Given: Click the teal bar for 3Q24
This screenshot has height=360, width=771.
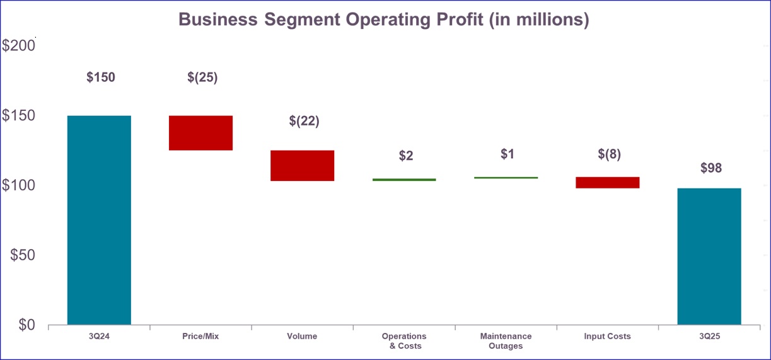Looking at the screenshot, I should coord(99,219).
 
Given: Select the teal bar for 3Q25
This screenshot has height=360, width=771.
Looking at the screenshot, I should coord(709,256).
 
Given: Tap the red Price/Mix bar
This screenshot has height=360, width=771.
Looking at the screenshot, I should coord(200,133).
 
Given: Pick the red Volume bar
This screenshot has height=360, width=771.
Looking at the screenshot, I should coord(302,166).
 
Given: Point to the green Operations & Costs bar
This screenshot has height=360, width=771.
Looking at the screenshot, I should coord(404,180).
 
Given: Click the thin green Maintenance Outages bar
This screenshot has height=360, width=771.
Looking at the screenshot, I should coord(506,178).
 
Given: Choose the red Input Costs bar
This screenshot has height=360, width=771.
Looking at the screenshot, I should coord(607,182).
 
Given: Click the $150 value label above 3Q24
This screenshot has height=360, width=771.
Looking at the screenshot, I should coord(101,78).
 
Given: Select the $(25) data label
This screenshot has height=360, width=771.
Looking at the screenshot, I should coord(202,78).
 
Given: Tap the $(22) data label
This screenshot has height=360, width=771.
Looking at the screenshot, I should coord(304,122).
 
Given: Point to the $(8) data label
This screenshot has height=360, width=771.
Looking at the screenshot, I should coord(609,154).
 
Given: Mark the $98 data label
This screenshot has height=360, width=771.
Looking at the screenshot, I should coord(711,168).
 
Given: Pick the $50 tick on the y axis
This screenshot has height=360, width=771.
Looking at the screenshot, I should coord(22,255).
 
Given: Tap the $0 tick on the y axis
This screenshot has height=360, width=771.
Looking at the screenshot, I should coord(26,325).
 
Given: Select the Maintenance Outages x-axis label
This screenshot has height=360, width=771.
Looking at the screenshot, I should coord(506,341).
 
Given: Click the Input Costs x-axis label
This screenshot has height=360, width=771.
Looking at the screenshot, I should coord(607,337).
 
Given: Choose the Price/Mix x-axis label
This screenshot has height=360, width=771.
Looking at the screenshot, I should coord(200,337).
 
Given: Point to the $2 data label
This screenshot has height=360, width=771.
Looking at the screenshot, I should coord(406,156).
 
